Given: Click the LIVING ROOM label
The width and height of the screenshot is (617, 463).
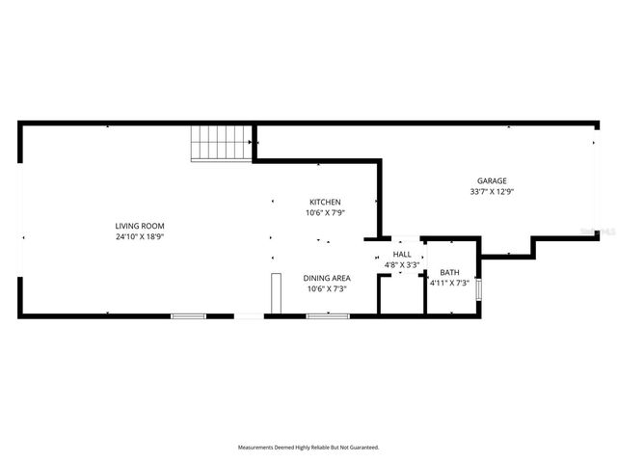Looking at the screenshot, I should tap(147, 226).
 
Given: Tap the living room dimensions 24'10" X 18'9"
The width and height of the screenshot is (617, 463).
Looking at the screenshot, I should tap(147, 236).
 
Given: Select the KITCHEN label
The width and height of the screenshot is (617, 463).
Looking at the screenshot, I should tap(325, 202).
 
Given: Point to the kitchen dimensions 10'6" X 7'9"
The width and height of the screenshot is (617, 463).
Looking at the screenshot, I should tap(325, 212).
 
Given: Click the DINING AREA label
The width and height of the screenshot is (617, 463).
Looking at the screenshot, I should tap(326, 278).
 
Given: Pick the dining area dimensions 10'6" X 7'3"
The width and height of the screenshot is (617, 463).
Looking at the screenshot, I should tap(326, 288).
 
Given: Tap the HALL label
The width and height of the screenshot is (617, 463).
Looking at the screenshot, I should tap(401, 254).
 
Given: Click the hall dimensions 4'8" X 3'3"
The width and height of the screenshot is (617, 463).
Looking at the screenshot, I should tap(401, 263).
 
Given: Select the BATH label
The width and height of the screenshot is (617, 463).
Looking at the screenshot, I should tap(449, 273).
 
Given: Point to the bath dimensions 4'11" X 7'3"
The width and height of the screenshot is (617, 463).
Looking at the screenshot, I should tap(449, 284).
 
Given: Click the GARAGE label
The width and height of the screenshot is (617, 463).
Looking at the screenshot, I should tap(492, 180).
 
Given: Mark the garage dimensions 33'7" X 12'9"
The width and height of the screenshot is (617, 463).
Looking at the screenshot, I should tap(492, 191).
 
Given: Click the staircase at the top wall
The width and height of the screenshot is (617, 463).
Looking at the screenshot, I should tap(222, 143).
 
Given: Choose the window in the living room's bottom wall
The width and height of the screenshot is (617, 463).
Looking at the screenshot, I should tap(188, 315).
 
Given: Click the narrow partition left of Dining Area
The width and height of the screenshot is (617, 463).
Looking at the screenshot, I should tap(275, 293).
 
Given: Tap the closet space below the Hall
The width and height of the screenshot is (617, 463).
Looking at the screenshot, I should tap(401, 296).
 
